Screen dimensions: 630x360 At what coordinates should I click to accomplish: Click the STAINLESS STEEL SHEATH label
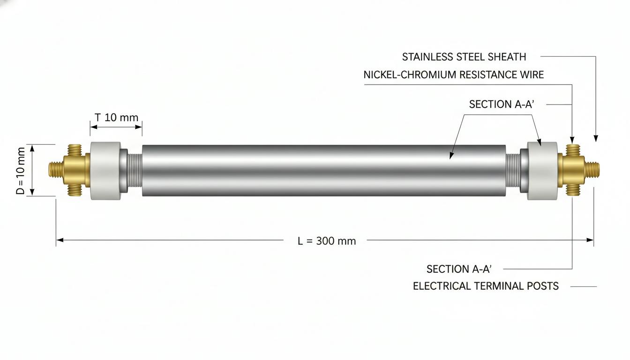[x=464, y=57]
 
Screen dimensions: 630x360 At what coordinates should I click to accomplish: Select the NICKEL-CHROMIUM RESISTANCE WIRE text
[x=453, y=75]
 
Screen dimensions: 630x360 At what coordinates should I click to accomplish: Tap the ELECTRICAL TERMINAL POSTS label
[x=486, y=286]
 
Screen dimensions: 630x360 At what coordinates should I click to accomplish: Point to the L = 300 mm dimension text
[x=327, y=241]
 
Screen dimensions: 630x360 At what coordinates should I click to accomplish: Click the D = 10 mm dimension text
[x=21, y=171]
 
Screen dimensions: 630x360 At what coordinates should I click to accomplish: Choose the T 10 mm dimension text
[x=116, y=118]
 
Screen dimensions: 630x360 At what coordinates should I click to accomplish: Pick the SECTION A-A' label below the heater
[x=459, y=269]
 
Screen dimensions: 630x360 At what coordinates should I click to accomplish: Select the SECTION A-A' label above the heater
[x=501, y=105]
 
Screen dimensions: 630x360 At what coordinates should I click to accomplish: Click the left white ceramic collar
[x=105, y=171]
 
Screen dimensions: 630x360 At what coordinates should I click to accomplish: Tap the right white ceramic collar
[x=542, y=171]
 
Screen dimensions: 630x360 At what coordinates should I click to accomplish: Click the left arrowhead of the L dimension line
[x=60, y=240]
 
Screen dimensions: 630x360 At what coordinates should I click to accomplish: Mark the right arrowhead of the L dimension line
[x=590, y=240]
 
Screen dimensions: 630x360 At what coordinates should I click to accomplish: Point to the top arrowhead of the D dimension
[x=32, y=148]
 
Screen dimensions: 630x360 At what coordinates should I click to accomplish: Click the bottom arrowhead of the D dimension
[x=32, y=192]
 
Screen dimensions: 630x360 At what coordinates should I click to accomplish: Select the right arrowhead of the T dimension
[x=138, y=127]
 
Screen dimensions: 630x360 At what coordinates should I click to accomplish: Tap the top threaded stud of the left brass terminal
[x=75, y=150]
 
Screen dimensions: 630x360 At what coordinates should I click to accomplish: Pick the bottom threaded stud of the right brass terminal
[x=573, y=190]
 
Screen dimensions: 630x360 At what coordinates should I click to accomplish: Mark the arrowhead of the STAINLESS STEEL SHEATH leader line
[x=596, y=138]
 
